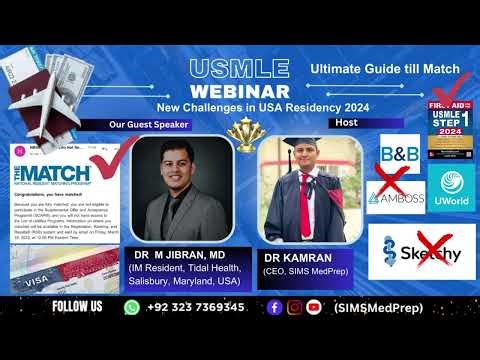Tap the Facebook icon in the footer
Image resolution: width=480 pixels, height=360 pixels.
(274, 307)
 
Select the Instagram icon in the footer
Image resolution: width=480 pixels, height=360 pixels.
(294, 307)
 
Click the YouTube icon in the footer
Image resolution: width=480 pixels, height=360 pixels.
(314, 307)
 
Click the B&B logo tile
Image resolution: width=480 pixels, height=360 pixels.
(399, 154)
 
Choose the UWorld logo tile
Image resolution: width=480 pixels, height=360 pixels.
(448, 185)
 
